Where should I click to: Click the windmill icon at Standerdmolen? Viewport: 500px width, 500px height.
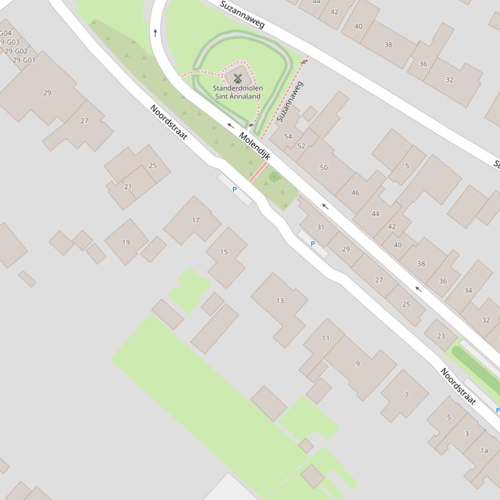point(237,78)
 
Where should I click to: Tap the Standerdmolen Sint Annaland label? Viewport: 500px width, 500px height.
point(238,92)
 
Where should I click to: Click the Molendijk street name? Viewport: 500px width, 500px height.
point(255,145)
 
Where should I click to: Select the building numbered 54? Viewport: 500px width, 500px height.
point(288,137)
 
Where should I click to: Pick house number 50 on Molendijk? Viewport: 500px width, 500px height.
point(323,168)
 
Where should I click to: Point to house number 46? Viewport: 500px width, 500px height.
point(355,193)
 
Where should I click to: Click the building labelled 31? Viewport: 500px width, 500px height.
point(320,227)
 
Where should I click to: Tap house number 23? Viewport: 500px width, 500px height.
point(441,336)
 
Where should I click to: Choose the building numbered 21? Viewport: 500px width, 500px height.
point(128,187)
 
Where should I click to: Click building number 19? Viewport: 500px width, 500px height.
point(126,242)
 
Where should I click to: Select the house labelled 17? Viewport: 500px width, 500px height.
point(195,220)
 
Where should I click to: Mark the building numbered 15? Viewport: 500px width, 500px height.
point(224,252)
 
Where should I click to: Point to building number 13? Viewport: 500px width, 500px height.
point(280,301)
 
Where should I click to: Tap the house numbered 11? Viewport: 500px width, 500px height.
point(325,338)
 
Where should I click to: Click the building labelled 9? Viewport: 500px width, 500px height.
point(357,364)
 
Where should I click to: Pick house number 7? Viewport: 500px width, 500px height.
point(406,395)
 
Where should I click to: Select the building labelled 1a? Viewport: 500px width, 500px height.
point(484,450)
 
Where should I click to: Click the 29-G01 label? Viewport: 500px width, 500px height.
point(24,60)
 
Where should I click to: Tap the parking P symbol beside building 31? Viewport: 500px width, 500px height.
point(312,244)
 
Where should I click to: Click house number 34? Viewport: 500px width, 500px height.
point(468,290)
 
